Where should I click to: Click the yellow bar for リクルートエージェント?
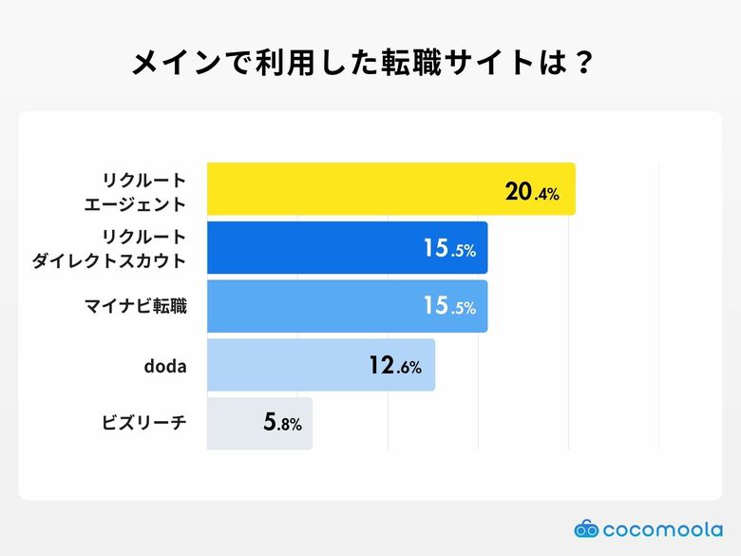point(351,188)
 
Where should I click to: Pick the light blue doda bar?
point(285,365)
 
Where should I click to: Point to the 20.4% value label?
point(532,193)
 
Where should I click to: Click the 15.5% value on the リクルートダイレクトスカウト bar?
point(449,250)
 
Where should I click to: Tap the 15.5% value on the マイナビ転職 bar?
point(449,308)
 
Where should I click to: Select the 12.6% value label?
point(395,366)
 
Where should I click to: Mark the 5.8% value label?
point(282,424)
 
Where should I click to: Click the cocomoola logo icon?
point(586,528)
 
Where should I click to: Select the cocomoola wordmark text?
point(662,528)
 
